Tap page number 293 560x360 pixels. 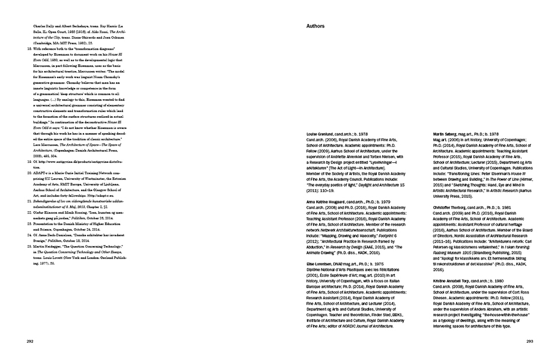(x=530, y=341)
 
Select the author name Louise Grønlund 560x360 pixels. (x=323, y=134)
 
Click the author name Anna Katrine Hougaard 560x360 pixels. (x=329, y=201)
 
